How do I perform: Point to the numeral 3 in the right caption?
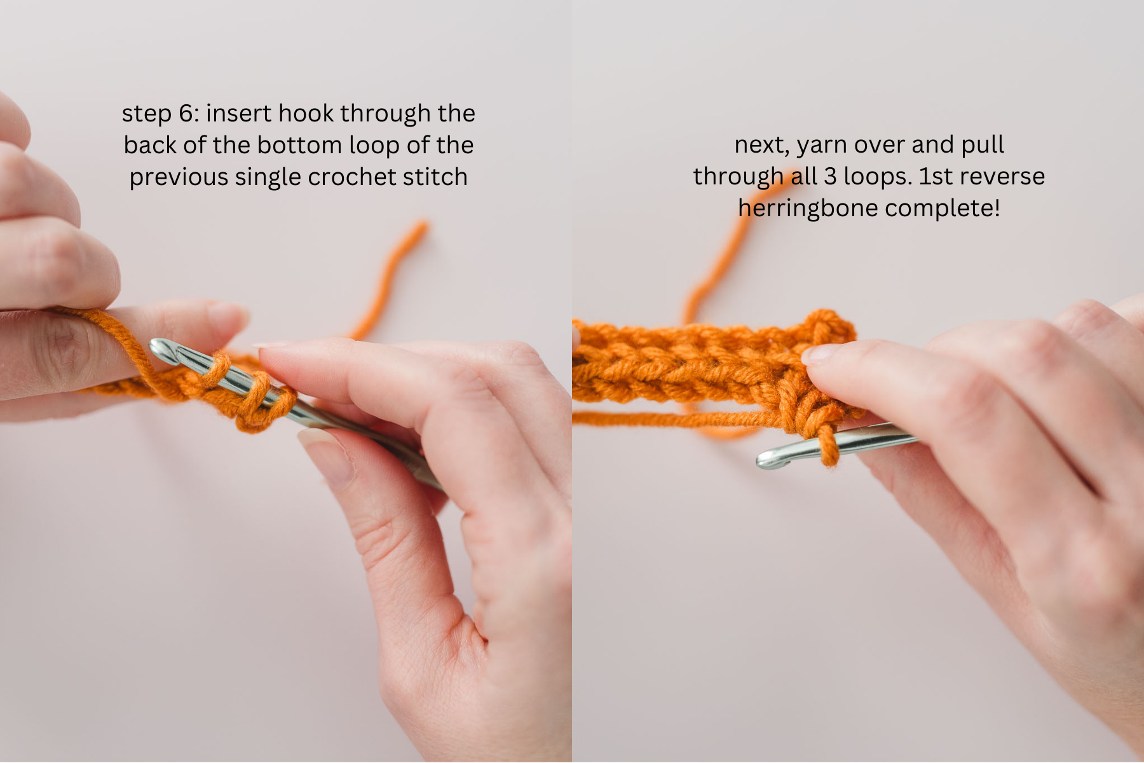pos(830,177)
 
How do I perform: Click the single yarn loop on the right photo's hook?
pos(827,446)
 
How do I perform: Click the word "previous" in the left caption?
pos(179,177)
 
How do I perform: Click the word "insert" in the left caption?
pos(239,114)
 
